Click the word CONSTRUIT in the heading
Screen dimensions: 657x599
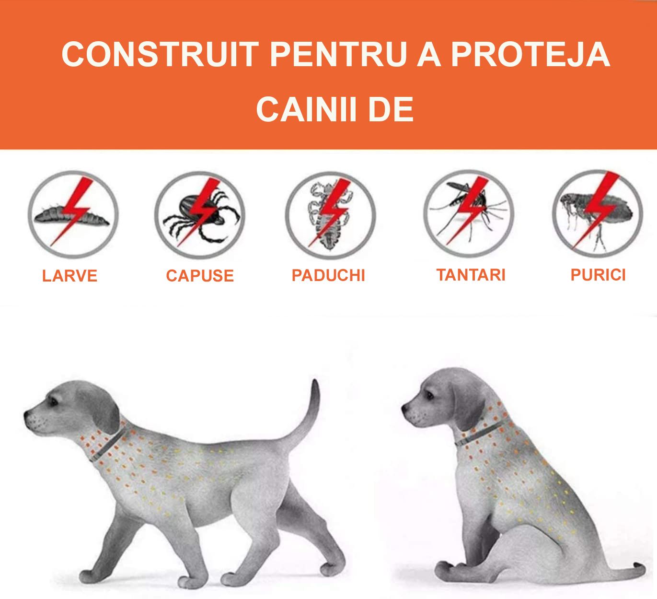161,54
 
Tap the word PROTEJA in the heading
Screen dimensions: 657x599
530,54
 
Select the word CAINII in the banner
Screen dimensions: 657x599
307,109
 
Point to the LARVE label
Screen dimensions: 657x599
70,276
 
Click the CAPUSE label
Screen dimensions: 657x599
200,276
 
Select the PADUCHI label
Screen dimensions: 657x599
329,275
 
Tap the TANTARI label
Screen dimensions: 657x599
471,275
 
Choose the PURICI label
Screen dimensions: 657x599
598,275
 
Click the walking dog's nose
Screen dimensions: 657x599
26,414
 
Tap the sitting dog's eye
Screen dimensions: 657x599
430,395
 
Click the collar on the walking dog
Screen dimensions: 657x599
108,443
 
